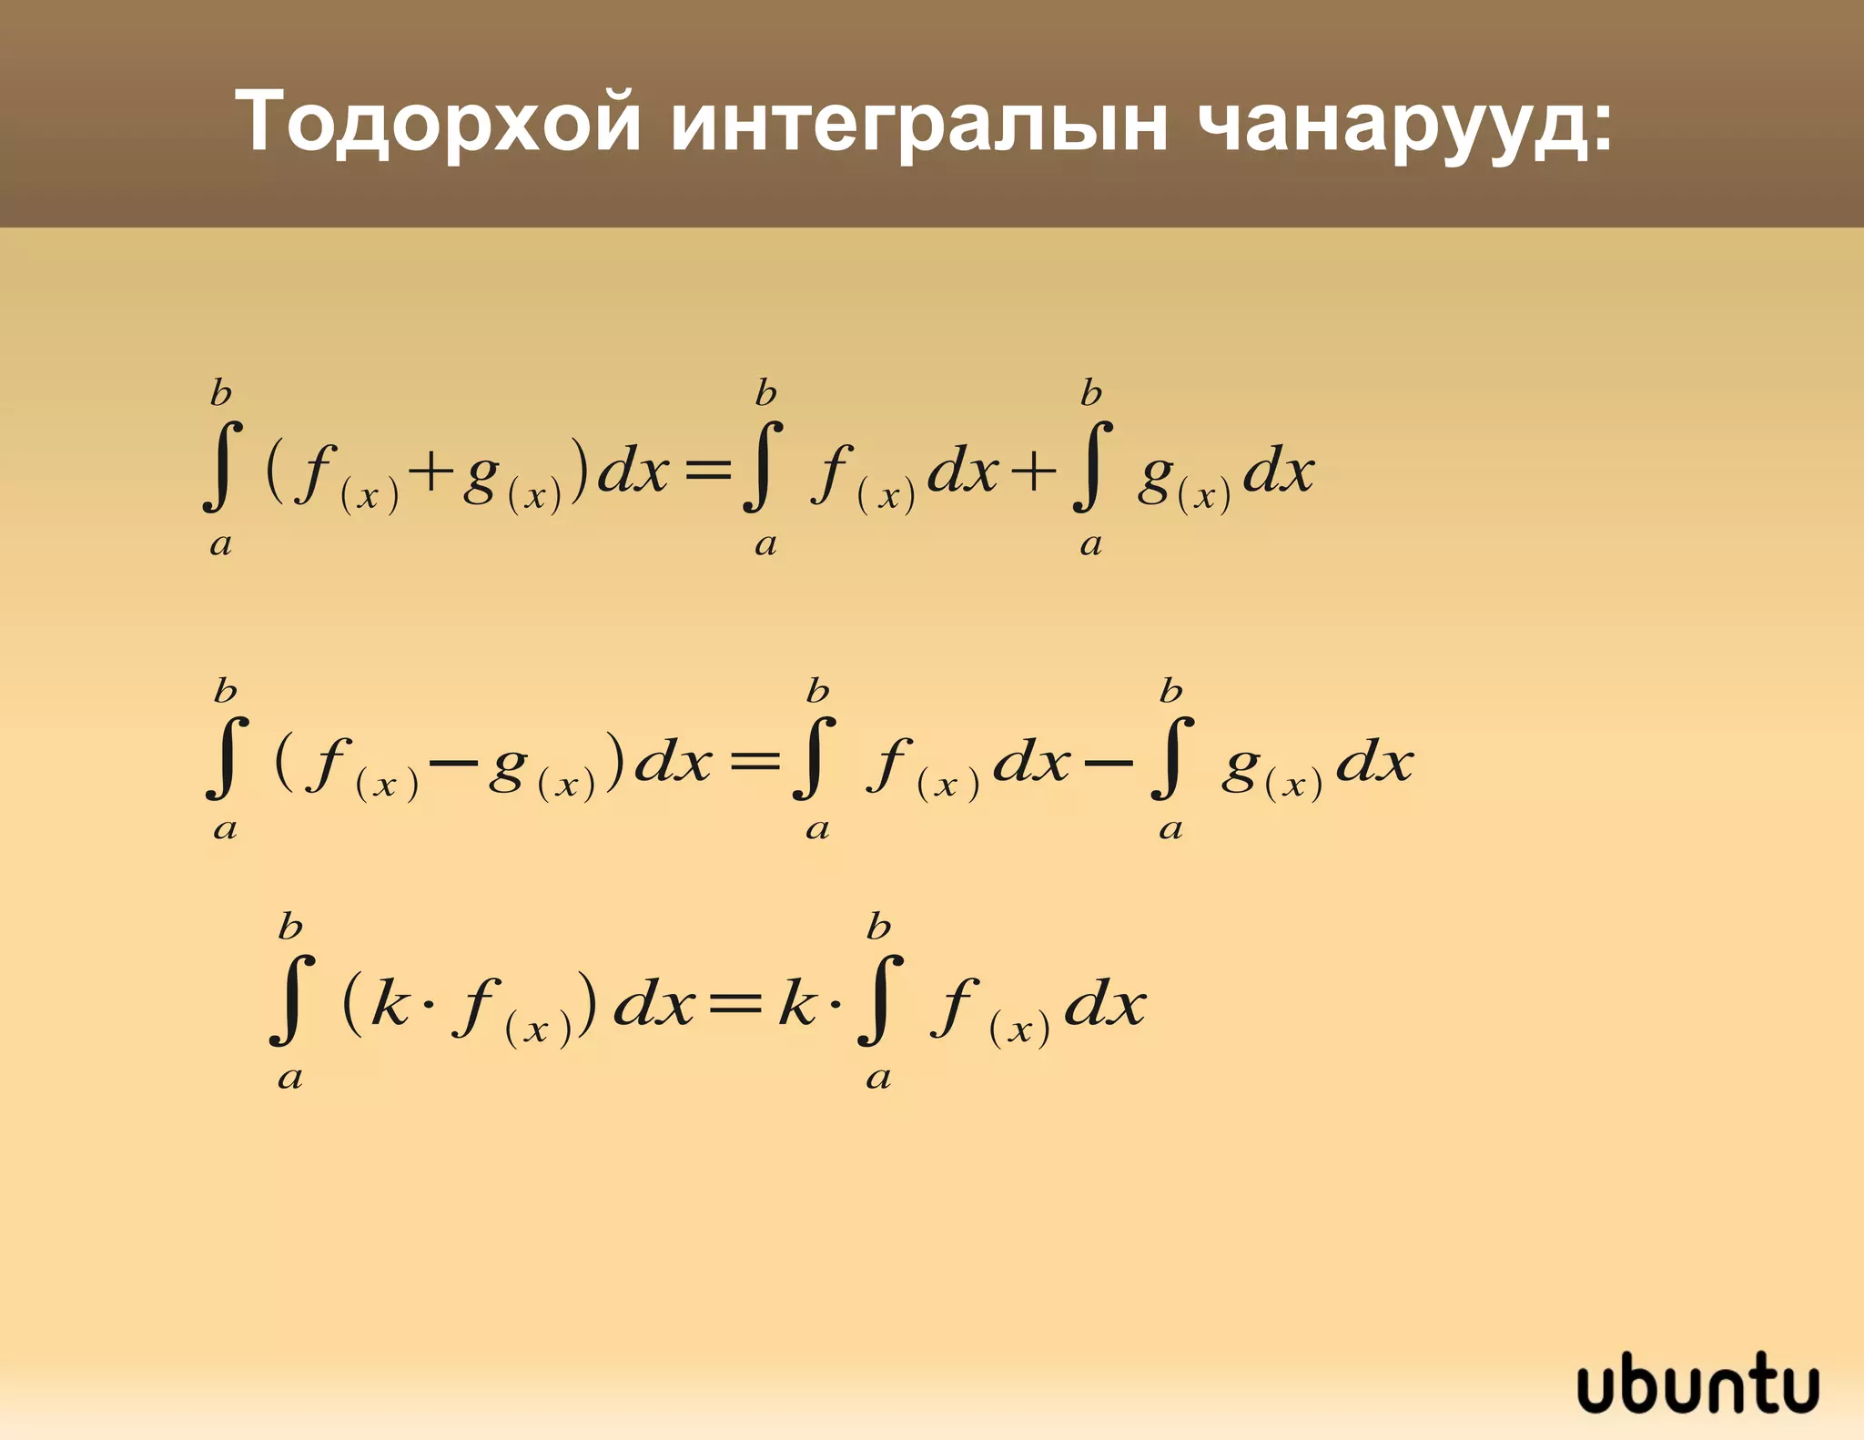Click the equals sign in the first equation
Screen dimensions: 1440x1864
click(x=707, y=471)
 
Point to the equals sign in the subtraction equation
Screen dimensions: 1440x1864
click(x=755, y=761)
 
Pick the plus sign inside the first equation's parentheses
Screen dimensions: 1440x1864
click(x=431, y=472)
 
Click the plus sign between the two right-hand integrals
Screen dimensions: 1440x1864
click(x=1033, y=472)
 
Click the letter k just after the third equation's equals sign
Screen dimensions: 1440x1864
click(x=797, y=1004)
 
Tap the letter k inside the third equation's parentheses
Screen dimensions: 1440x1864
click(x=390, y=1004)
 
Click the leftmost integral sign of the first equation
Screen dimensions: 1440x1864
click(x=222, y=466)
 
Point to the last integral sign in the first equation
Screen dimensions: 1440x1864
click(x=1092, y=466)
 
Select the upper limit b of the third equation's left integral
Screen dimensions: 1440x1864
click(x=290, y=928)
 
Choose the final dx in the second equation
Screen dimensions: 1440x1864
click(x=1374, y=761)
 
